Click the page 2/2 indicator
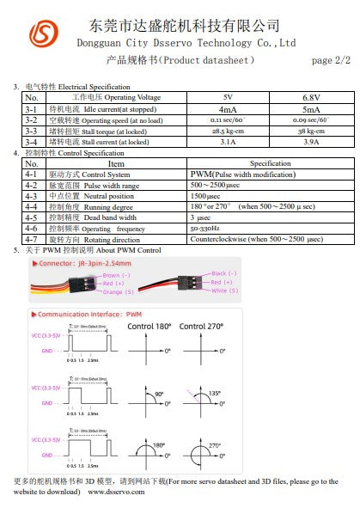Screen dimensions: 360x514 pos(331,60)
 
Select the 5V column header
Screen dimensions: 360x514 pos(227,98)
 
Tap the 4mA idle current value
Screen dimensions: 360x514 pos(228,109)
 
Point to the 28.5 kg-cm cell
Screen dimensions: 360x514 pos(228,131)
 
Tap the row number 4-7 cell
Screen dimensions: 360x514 pos(31,240)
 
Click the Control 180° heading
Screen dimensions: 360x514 pos(150,327)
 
